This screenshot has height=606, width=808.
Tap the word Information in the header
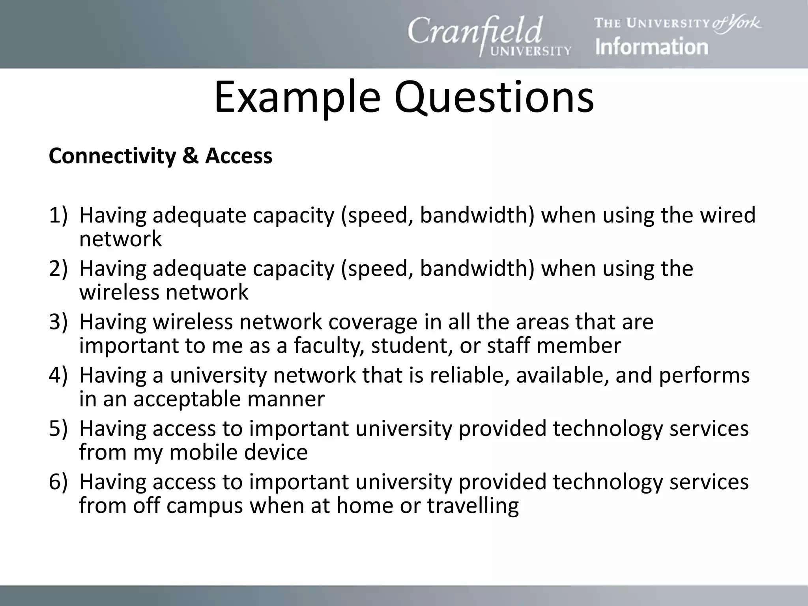[651, 47]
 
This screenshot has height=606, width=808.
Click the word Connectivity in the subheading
[112, 156]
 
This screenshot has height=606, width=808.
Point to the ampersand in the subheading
[190, 156]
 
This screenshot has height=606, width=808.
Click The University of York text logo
[677, 23]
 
